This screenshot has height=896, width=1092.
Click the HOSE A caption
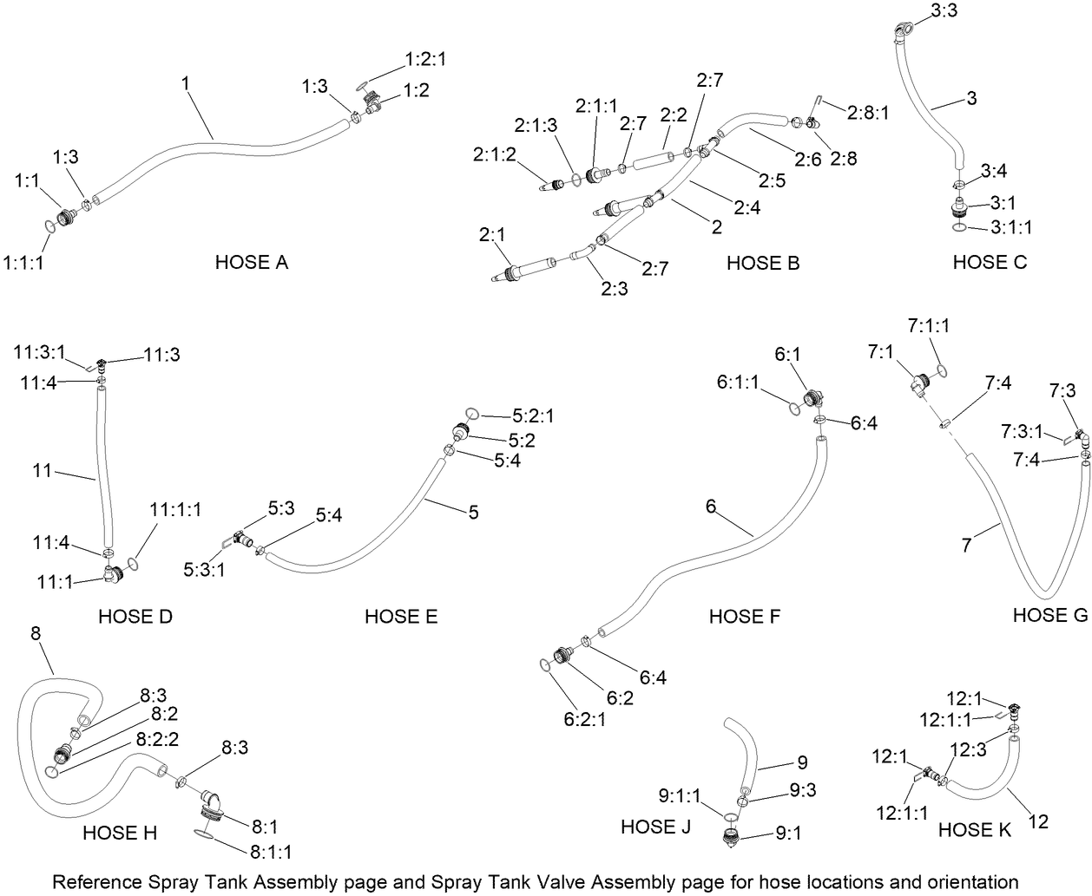(251, 262)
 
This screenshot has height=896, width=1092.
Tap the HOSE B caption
(762, 263)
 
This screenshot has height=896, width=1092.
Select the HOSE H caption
(120, 834)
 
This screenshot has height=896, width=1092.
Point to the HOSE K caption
(974, 830)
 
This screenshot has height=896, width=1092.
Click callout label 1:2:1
(425, 60)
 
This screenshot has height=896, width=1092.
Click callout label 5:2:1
(531, 416)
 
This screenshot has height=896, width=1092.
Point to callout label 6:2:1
(586, 718)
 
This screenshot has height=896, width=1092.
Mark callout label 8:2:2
(158, 740)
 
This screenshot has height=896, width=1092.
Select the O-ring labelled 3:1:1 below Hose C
(957, 228)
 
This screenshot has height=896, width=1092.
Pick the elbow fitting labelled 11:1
(110, 573)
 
